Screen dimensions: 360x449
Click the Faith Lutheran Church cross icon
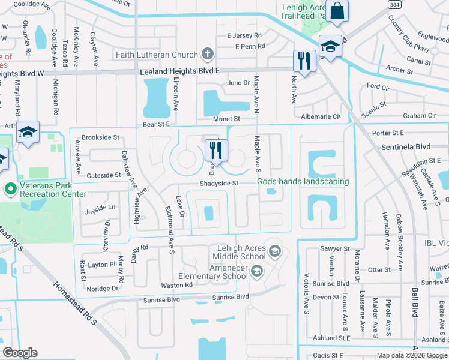pyautogui.click(x=208, y=55)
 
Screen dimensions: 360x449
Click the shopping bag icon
pyautogui.click(x=337, y=10)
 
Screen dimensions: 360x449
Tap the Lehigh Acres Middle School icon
pyautogui.click(x=275, y=250)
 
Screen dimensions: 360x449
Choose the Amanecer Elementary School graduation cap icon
pyautogui.click(x=256, y=272)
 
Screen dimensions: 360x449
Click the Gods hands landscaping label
pyautogui.click(x=303, y=182)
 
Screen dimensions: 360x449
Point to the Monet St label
pyautogui.click(x=227, y=119)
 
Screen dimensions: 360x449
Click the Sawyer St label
pyautogui.click(x=336, y=248)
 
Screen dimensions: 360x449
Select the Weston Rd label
pyautogui.click(x=176, y=285)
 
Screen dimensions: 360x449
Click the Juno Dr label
pyautogui.click(x=238, y=83)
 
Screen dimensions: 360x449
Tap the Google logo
pyautogui.click(x=20, y=353)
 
